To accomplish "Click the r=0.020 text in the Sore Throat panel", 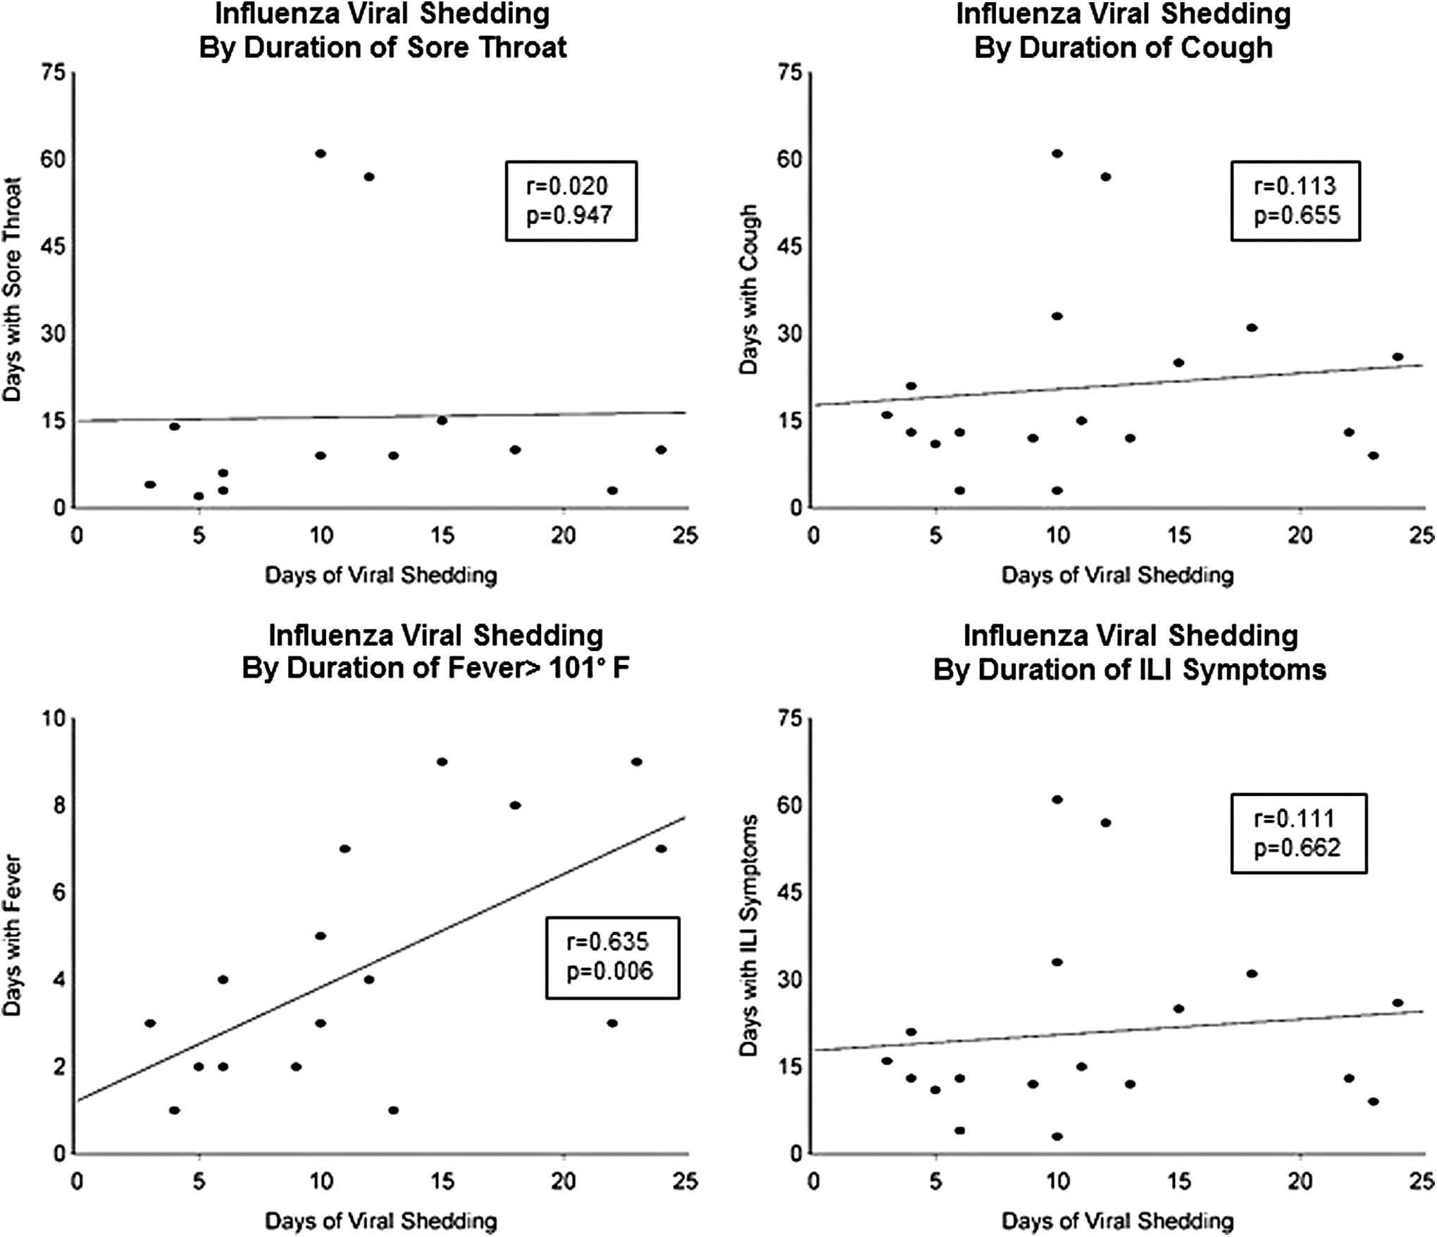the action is (x=566, y=186).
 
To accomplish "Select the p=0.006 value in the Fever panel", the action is (x=610, y=971).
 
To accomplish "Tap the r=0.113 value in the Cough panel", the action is (x=1295, y=186).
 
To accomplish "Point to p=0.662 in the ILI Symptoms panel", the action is (x=1298, y=847).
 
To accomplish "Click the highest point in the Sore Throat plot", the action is (x=321, y=154).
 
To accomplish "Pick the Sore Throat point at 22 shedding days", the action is (x=612, y=490).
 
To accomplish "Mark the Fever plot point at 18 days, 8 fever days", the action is (x=515, y=805).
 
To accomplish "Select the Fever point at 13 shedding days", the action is (x=393, y=1110).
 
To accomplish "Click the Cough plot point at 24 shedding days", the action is (x=1398, y=356).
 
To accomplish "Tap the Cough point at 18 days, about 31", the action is (x=1252, y=328).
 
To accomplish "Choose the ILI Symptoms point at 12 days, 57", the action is (x=1105, y=823).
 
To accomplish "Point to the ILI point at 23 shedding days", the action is (x=1373, y=1101).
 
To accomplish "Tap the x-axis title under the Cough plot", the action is (x=1117, y=576).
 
